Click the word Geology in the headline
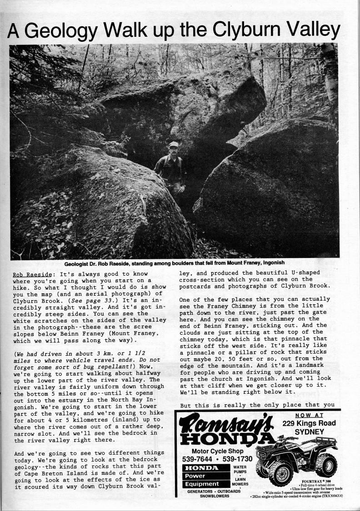click(x=63, y=31)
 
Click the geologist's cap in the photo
click(x=173, y=144)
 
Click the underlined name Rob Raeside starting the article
click(x=30, y=275)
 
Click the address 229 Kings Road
click(x=309, y=423)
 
